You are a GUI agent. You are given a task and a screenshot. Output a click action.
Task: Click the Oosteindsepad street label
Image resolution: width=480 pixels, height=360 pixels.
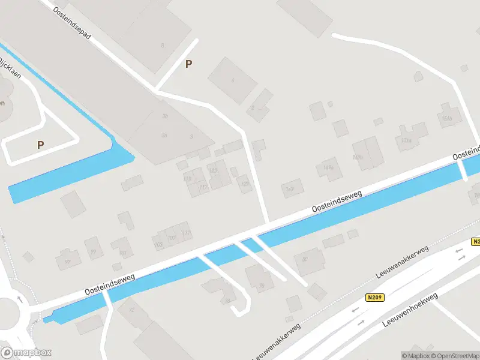point(72,23)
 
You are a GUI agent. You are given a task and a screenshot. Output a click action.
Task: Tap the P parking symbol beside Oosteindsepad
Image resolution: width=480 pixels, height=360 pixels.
point(189,64)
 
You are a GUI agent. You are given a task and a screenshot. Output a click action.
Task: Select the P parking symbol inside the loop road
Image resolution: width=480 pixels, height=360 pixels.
point(40,145)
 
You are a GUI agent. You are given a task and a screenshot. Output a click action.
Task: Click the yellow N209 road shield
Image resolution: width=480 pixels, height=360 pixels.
point(374,297)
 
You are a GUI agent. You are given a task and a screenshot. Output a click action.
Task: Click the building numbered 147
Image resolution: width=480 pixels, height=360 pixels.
point(291,189)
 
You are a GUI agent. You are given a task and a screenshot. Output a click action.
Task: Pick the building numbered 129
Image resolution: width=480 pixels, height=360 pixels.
point(244,184)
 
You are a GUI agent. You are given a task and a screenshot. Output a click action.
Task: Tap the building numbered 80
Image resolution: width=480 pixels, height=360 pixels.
point(305,259)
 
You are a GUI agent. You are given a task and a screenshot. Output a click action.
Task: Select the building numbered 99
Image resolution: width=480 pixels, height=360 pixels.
point(93,253)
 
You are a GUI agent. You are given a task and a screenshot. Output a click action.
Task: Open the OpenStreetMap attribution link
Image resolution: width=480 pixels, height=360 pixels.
point(453,356)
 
